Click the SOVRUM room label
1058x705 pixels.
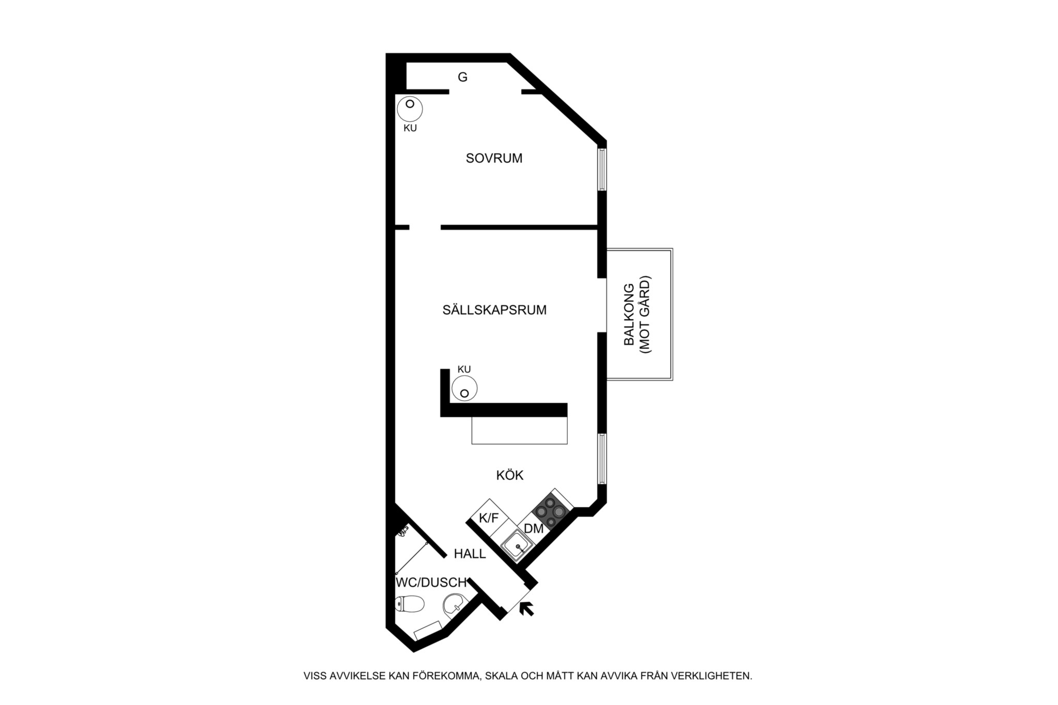tap(494, 158)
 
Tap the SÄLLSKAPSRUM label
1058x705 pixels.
tap(494, 310)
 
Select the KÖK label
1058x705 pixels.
tap(510, 475)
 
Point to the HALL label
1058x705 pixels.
tap(470, 554)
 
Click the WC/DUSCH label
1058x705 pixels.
tap(431, 583)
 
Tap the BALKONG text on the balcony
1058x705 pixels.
tap(629, 315)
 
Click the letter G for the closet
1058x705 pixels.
tap(463, 77)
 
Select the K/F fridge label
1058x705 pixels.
tap(489, 518)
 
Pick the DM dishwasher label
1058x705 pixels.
tap(534, 529)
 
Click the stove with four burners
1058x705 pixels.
tap(551, 511)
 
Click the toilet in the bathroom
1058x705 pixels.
tap(409, 603)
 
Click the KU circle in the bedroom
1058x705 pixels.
tap(410, 109)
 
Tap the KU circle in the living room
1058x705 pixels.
tap(464, 388)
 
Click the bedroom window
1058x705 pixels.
tap(602, 169)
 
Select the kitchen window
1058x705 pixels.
tap(602, 459)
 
